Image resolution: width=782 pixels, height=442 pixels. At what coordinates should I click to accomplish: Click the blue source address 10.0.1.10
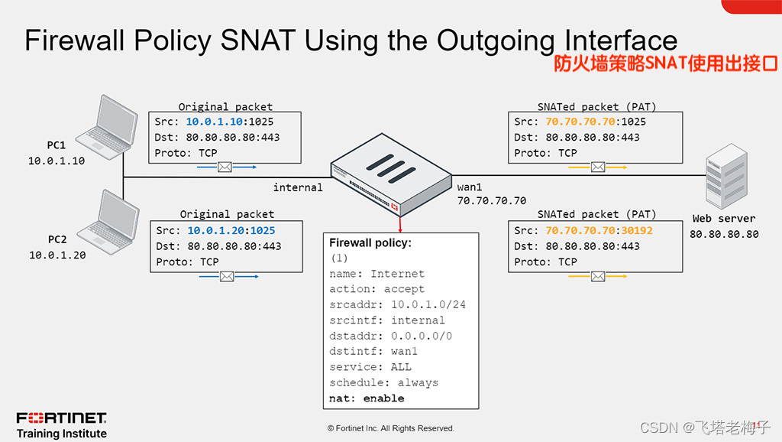tap(215, 122)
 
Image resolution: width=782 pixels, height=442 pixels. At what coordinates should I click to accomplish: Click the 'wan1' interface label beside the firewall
tap(472, 187)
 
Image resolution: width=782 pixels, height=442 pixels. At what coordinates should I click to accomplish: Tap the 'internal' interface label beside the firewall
tap(298, 187)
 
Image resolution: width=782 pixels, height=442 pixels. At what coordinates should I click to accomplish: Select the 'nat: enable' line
tap(367, 398)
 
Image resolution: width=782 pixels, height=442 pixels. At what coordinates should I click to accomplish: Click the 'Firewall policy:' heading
tap(370, 242)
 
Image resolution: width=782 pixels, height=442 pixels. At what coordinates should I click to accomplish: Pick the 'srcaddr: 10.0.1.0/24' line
tap(397, 304)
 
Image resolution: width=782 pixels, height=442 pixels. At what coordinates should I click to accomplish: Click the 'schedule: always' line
tap(383, 382)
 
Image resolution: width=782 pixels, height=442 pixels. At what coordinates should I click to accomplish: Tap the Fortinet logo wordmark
tap(62, 418)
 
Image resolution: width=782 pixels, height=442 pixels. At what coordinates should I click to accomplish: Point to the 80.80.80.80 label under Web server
tap(724, 234)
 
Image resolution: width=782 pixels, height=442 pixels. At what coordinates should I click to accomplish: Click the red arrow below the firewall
tap(399, 223)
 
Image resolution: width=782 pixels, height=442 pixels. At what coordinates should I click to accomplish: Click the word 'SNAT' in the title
tap(252, 41)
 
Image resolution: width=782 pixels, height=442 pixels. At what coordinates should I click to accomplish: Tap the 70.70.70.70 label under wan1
tap(491, 201)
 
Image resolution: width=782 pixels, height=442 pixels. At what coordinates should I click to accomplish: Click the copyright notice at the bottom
tap(390, 428)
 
